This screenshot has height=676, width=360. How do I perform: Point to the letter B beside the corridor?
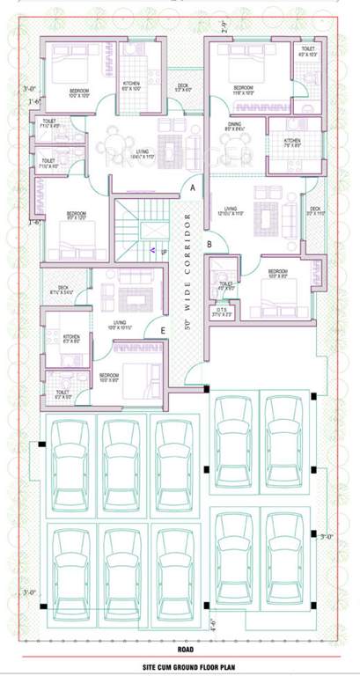click(x=209, y=244)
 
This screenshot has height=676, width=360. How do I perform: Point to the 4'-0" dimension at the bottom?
click(x=212, y=628)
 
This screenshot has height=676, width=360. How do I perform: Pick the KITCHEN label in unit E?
click(x=72, y=335)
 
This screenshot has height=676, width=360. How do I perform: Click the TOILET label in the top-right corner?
click(x=308, y=50)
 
